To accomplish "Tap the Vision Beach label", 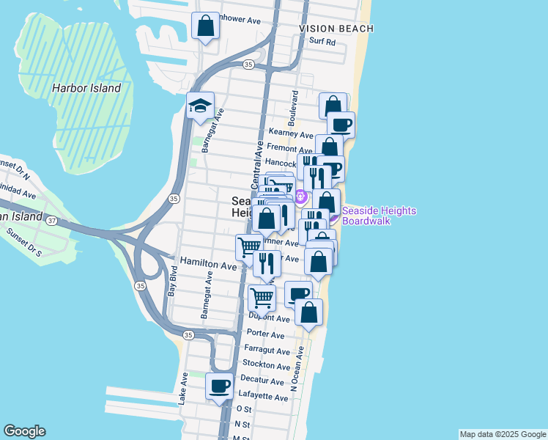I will click(x=336, y=29).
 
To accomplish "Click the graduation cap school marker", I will click(x=200, y=106).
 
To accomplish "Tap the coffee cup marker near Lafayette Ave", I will click(x=218, y=386).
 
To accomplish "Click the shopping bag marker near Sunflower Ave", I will click(x=205, y=26).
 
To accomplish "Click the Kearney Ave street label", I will click(x=291, y=133).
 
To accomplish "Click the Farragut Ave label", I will click(x=267, y=350).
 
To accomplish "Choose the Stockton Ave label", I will click(x=267, y=364).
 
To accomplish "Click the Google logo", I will click(x=24, y=431).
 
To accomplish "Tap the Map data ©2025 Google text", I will click(x=503, y=434).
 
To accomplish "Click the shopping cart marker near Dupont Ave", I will click(x=262, y=298).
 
